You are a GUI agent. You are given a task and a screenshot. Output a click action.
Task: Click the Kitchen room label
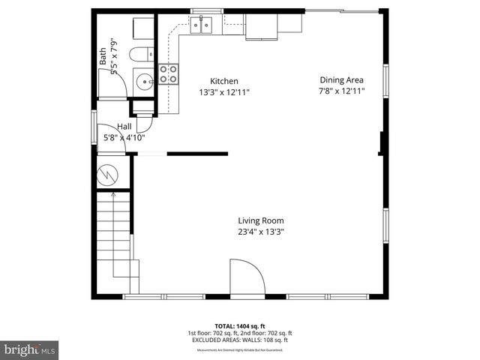[223, 81]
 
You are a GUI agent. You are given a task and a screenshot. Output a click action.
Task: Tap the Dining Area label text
[341, 80]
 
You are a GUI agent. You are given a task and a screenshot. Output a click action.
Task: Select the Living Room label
[261, 220]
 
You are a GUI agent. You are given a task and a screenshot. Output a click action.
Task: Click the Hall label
[124, 127]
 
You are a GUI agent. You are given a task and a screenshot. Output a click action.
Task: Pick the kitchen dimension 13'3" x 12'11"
[223, 92]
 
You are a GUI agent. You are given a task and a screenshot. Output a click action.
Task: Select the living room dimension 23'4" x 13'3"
[261, 232]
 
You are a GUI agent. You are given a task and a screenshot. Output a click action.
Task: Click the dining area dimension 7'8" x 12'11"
[341, 91]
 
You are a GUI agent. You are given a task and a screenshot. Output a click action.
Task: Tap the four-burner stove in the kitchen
[169, 73]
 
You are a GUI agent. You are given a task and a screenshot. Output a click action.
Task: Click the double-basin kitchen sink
[201, 27]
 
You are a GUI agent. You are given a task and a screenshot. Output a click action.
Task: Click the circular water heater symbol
[109, 173]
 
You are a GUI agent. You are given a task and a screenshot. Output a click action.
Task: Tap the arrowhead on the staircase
[112, 195]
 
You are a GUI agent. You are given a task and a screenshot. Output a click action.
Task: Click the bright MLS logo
[30, 349]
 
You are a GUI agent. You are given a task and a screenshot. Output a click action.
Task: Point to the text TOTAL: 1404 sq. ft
[240, 326]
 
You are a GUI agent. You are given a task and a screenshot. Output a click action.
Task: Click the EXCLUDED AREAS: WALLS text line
[240, 340]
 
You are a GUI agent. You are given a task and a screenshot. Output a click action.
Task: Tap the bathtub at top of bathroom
[142, 25]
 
